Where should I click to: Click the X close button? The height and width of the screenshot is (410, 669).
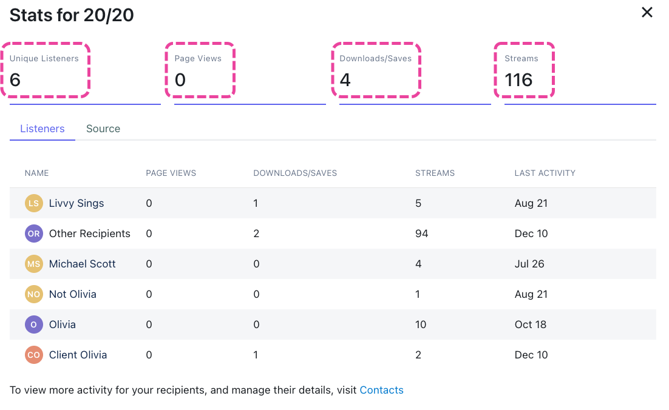[647, 13]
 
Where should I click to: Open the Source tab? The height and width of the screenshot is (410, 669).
[103, 129]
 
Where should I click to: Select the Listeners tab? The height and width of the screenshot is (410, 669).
[42, 129]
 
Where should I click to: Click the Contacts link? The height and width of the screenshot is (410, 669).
[381, 390]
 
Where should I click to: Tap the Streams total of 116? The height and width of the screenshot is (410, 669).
[518, 80]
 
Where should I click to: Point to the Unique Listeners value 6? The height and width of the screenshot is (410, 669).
[15, 80]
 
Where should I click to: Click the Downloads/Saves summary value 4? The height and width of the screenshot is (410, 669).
[345, 80]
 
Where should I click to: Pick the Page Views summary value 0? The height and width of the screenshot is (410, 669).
[180, 80]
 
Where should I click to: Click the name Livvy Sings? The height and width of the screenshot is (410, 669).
[76, 203]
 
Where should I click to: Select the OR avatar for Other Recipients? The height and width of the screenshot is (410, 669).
[34, 234]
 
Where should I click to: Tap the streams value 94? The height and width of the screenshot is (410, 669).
[422, 234]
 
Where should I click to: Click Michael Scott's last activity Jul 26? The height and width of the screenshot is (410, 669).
[529, 264]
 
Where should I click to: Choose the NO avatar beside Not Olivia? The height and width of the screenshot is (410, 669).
[34, 294]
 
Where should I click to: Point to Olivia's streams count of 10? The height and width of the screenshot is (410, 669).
[421, 324]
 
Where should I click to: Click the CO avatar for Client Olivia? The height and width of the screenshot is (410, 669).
[34, 355]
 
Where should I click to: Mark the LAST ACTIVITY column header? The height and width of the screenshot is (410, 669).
[545, 173]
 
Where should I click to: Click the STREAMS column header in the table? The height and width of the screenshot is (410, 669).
[435, 173]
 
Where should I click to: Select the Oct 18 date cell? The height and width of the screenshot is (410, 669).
[531, 324]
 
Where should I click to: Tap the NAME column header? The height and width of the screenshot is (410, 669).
[36, 173]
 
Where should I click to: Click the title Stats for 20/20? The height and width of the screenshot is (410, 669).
[72, 15]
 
